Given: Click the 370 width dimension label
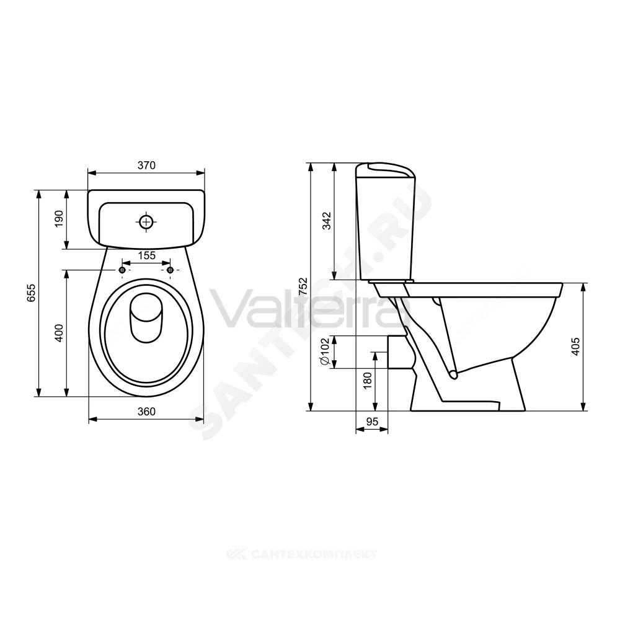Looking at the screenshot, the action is click(146, 166).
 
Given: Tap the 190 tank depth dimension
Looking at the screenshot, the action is click(58, 219).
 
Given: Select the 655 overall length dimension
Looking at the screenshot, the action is click(31, 293).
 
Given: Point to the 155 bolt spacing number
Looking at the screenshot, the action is click(146, 255).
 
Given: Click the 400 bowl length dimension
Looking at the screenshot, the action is click(58, 333).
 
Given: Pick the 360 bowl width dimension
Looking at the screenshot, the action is click(146, 411).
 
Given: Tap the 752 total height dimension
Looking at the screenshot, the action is click(303, 286).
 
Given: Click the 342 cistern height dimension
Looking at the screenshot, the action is click(327, 221).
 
